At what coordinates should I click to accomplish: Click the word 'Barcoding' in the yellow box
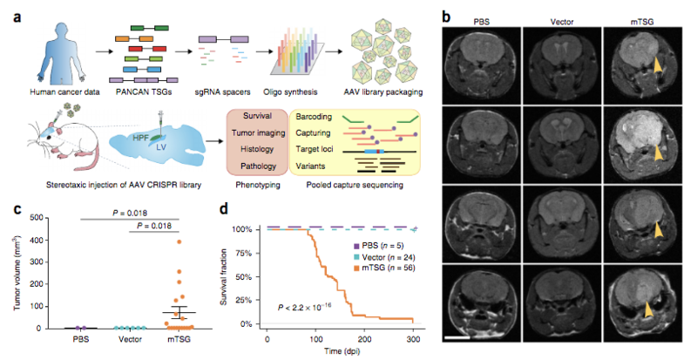click(316, 116)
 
